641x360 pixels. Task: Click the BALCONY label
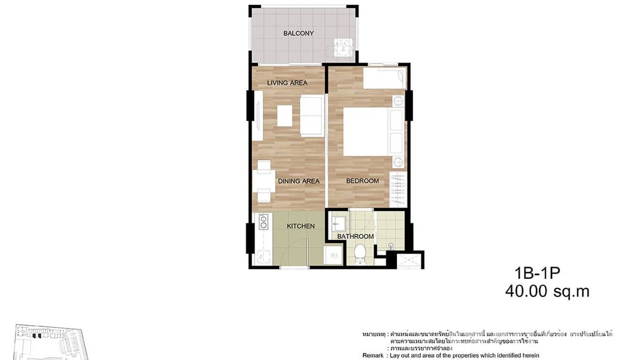coord(298,33)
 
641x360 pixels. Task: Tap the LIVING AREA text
coord(287,83)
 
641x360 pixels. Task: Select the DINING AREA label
coord(299,181)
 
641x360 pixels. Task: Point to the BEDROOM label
coord(363,181)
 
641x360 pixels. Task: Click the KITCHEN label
coord(300,226)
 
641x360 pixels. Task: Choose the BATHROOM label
coord(355,236)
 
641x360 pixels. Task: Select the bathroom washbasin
coord(340,223)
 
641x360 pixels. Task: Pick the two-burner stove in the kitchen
coord(262,221)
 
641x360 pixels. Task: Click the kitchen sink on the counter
coord(262,255)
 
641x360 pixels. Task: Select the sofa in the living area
coord(312,116)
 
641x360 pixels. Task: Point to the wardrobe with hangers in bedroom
coord(398,189)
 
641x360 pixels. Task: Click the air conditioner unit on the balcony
coord(343,48)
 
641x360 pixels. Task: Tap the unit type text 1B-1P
coord(537,274)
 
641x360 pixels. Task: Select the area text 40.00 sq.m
coord(547,291)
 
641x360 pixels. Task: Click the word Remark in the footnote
coord(373,355)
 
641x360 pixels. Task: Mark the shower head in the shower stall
coord(391,246)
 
